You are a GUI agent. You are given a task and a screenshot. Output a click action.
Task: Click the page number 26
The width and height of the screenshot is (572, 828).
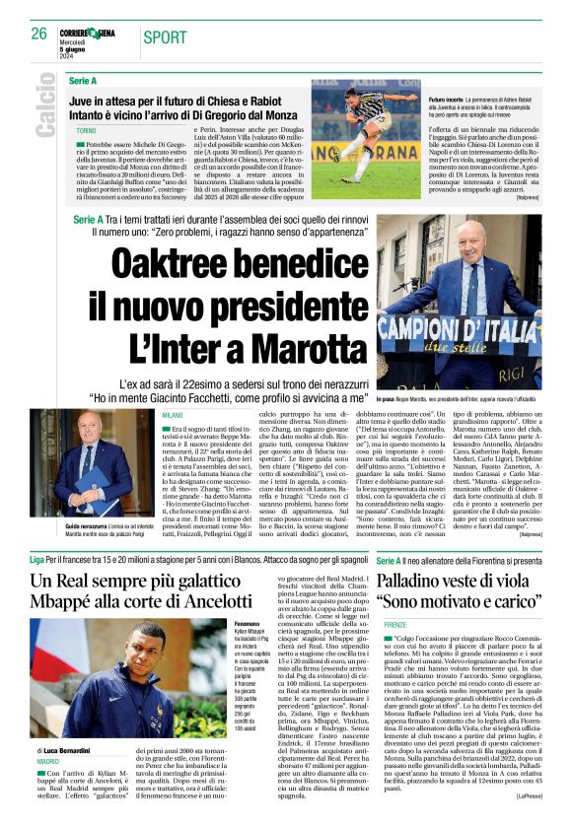(x=39, y=34)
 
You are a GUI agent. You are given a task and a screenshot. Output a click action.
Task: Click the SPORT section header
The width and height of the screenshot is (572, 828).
(x=166, y=37)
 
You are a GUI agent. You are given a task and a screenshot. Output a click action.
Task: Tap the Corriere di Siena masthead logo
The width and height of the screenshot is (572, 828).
(x=92, y=33)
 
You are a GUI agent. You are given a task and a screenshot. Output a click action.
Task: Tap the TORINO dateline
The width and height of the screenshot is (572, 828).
(x=86, y=131)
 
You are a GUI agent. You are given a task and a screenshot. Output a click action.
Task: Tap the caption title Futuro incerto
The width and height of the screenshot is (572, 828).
(x=448, y=100)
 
